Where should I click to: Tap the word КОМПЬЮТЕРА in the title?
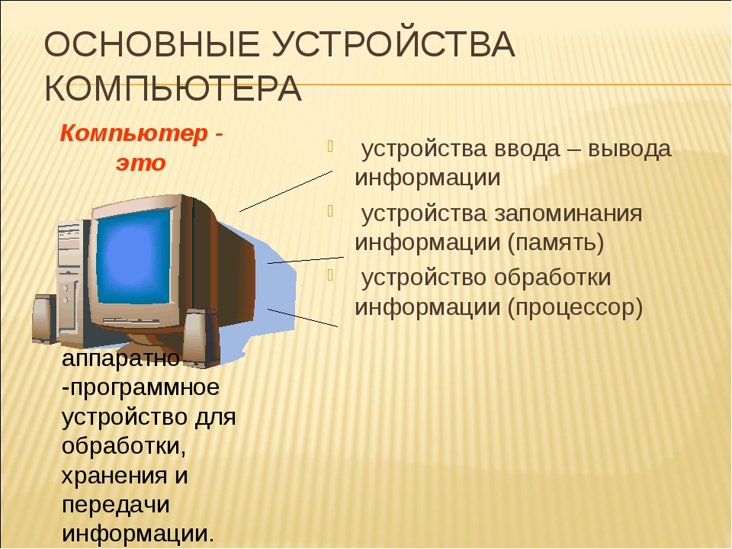click(x=173, y=88)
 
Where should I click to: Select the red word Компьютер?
click(x=133, y=134)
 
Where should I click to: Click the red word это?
click(x=141, y=163)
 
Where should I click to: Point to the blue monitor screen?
click(x=134, y=256)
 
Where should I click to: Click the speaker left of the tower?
click(x=44, y=319)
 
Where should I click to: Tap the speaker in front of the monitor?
click(x=201, y=338)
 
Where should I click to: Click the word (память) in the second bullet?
click(x=556, y=242)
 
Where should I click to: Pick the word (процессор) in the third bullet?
click(x=575, y=307)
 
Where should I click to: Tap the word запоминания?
click(x=568, y=214)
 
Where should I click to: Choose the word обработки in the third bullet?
click(x=552, y=278)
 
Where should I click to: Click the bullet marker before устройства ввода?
click(x=330, y=146)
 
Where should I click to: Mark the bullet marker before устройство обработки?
click(x=330, y=275)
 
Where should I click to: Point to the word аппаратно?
click(x=120, y=359)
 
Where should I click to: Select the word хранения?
click(x=114, y=477)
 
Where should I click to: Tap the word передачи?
click(x=115, y=506)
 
